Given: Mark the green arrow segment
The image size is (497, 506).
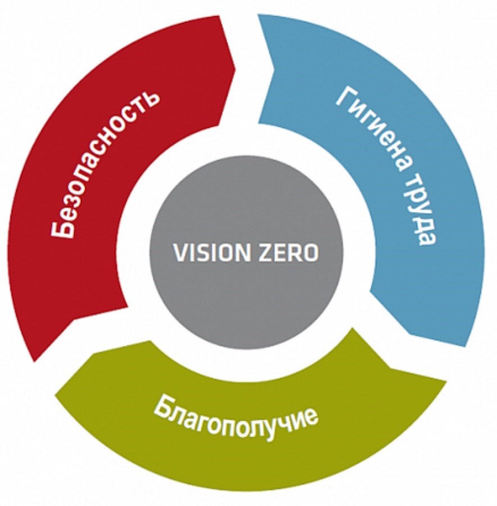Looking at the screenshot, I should pyautogui.click(x=247, y=450).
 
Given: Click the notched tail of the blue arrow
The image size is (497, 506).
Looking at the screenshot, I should pyautogui.click(x=273, y=67).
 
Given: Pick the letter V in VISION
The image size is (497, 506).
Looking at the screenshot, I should pyautogui.click(x=179, y=253).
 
